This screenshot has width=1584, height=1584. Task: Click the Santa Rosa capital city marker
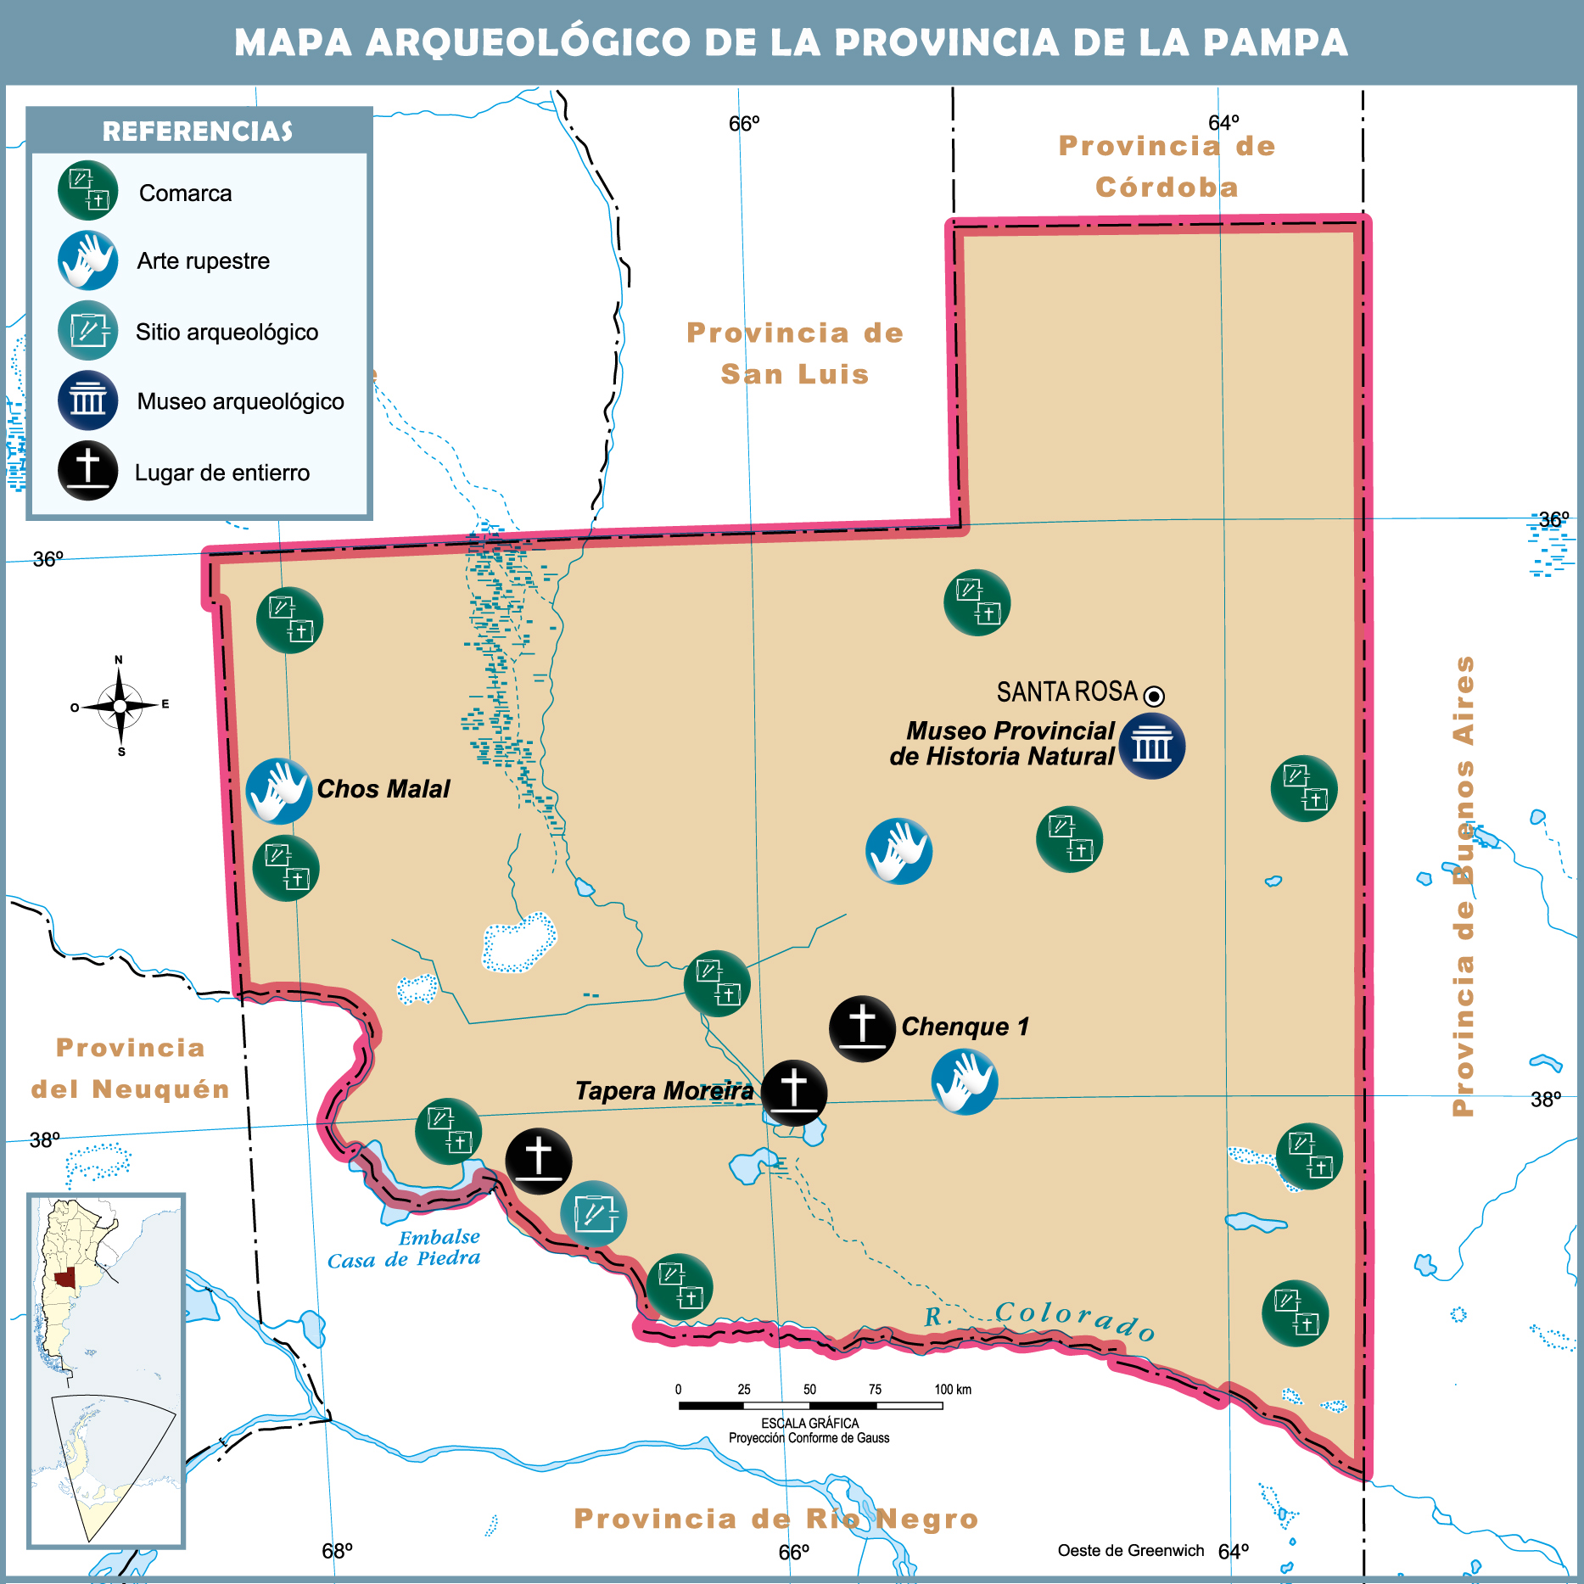[1154, 697]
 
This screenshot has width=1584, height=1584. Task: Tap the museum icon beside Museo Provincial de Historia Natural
[1151, 747]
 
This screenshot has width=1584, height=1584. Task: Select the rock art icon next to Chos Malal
[279, 791]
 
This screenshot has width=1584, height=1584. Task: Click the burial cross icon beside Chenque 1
[862, 1028]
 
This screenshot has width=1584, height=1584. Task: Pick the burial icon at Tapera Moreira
[793, 1092]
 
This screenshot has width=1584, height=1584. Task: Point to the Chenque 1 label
[965, 1027]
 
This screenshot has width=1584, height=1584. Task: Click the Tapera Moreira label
[663, 1091]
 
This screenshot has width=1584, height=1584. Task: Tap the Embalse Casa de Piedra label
[405, 1249]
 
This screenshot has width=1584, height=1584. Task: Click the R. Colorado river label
[1040, 1318]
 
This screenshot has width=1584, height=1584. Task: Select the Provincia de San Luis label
[795, 353]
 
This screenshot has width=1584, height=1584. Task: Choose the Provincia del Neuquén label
[131, 1068]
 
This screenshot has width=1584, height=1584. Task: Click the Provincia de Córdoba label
[1167, 166]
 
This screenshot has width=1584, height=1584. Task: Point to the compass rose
[120, 706]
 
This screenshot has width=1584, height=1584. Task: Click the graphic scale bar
[810, 1406]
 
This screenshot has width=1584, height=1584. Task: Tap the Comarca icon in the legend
[88, 191]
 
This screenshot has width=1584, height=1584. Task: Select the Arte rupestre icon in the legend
[88, 260]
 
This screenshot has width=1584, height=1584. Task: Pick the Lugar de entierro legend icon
[88, 471]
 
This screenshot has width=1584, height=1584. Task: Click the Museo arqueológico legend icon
[88, 400]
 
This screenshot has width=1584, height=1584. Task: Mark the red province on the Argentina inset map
[64, 1279]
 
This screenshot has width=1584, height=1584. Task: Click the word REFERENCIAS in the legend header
[198, 132]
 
